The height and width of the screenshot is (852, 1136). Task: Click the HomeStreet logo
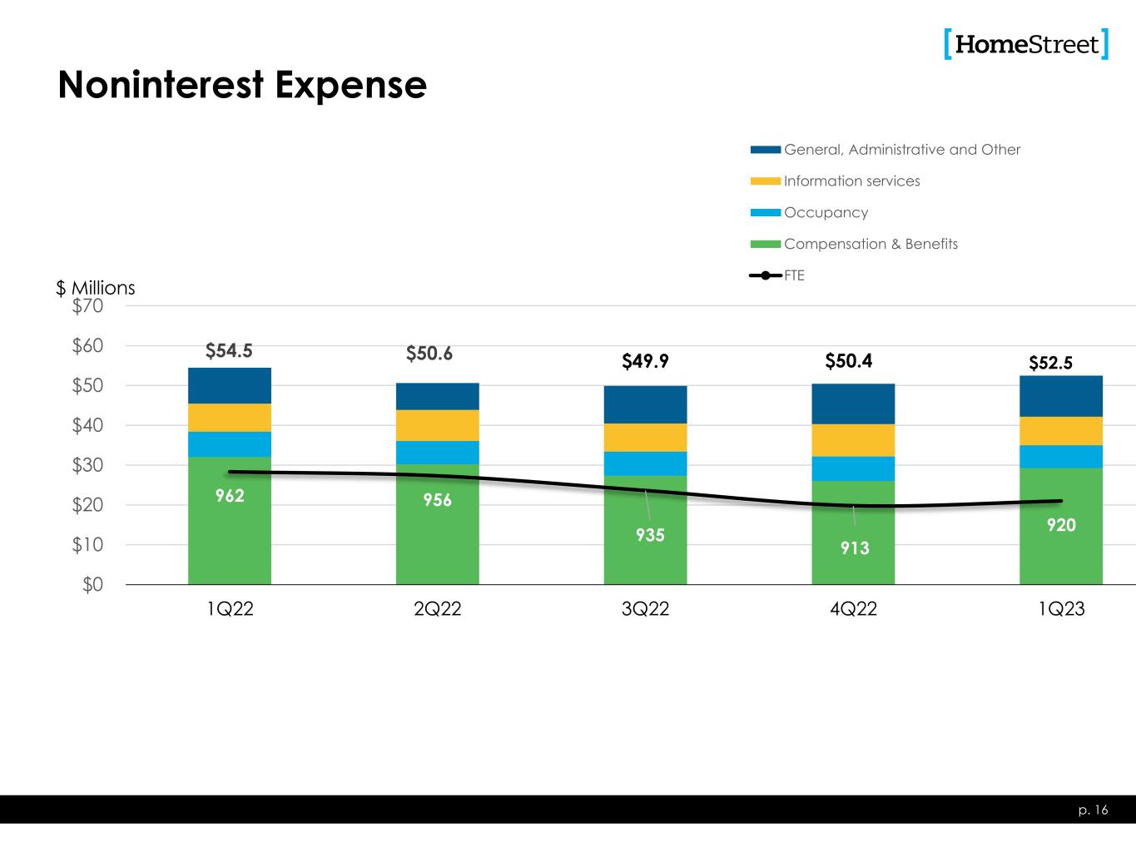click(x=1026, y=44)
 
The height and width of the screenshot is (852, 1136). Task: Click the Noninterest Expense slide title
click(x=242, y=85)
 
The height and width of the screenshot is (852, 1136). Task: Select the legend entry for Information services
click(x=851, y=181)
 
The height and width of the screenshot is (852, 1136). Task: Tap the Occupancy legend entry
click(x=825, y=213)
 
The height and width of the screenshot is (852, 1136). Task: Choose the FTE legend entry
click(x=793, y=275)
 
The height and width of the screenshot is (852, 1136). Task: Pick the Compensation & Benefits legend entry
click(x=870, y=245)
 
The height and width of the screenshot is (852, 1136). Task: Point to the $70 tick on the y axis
click(x=87, y=306)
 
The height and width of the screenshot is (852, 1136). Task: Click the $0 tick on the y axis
click(x=92, y=585)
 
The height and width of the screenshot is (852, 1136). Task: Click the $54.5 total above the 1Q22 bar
click(x=229, y=351)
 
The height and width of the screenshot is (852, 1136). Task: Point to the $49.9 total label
click(x=646, y=361)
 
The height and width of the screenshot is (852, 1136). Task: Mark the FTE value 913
click(x=854, y=548)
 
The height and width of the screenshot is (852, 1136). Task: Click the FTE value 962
click(x=230, y=496)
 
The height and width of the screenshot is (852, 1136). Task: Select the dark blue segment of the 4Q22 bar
click(x=853, y=404)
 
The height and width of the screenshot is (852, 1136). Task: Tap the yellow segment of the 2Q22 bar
click(x=438, y=425)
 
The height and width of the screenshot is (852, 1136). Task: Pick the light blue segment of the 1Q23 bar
click(x=1061, y=457)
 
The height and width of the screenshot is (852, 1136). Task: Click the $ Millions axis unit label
click(x=96, y=288)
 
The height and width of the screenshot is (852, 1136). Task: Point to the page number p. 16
click(x=1094, y=810)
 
